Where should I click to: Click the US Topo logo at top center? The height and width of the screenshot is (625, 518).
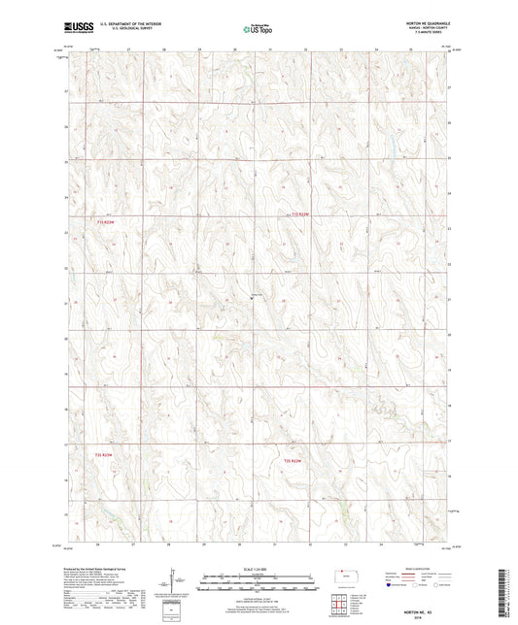pos(258,29)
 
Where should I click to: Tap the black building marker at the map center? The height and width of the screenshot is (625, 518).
pos(253,300)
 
